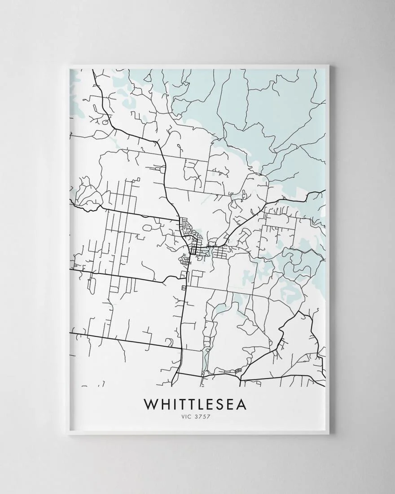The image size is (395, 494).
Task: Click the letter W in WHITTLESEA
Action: click(150, 404)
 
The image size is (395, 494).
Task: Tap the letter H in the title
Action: click(165, 404)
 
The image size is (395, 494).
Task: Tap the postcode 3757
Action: click(203, 416)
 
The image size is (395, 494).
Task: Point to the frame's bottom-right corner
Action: click(329, 434)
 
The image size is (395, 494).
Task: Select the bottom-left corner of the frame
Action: click(69, 434)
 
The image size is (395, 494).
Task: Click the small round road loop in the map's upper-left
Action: click(105, 122)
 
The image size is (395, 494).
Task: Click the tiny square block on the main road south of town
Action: click(183, 287)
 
